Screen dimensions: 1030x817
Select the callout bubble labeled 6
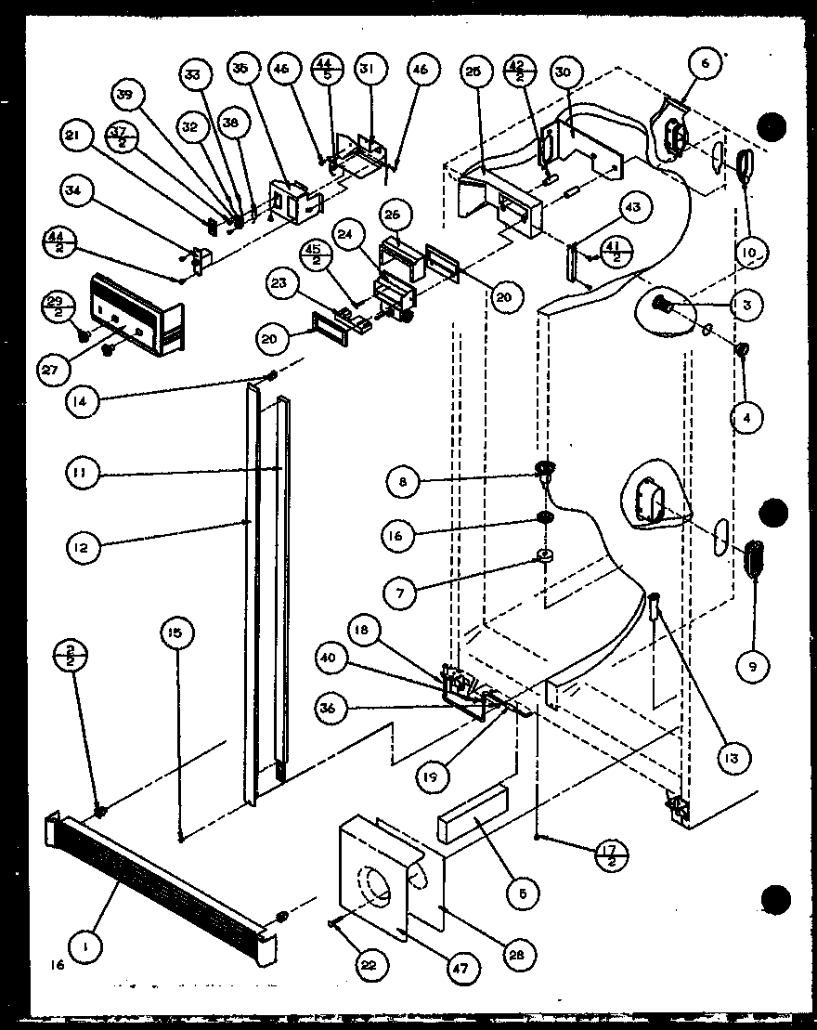(x=705, y=63)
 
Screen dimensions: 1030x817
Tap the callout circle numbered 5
(x=525, y=893)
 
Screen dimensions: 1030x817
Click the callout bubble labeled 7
(x=402, y=592)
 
